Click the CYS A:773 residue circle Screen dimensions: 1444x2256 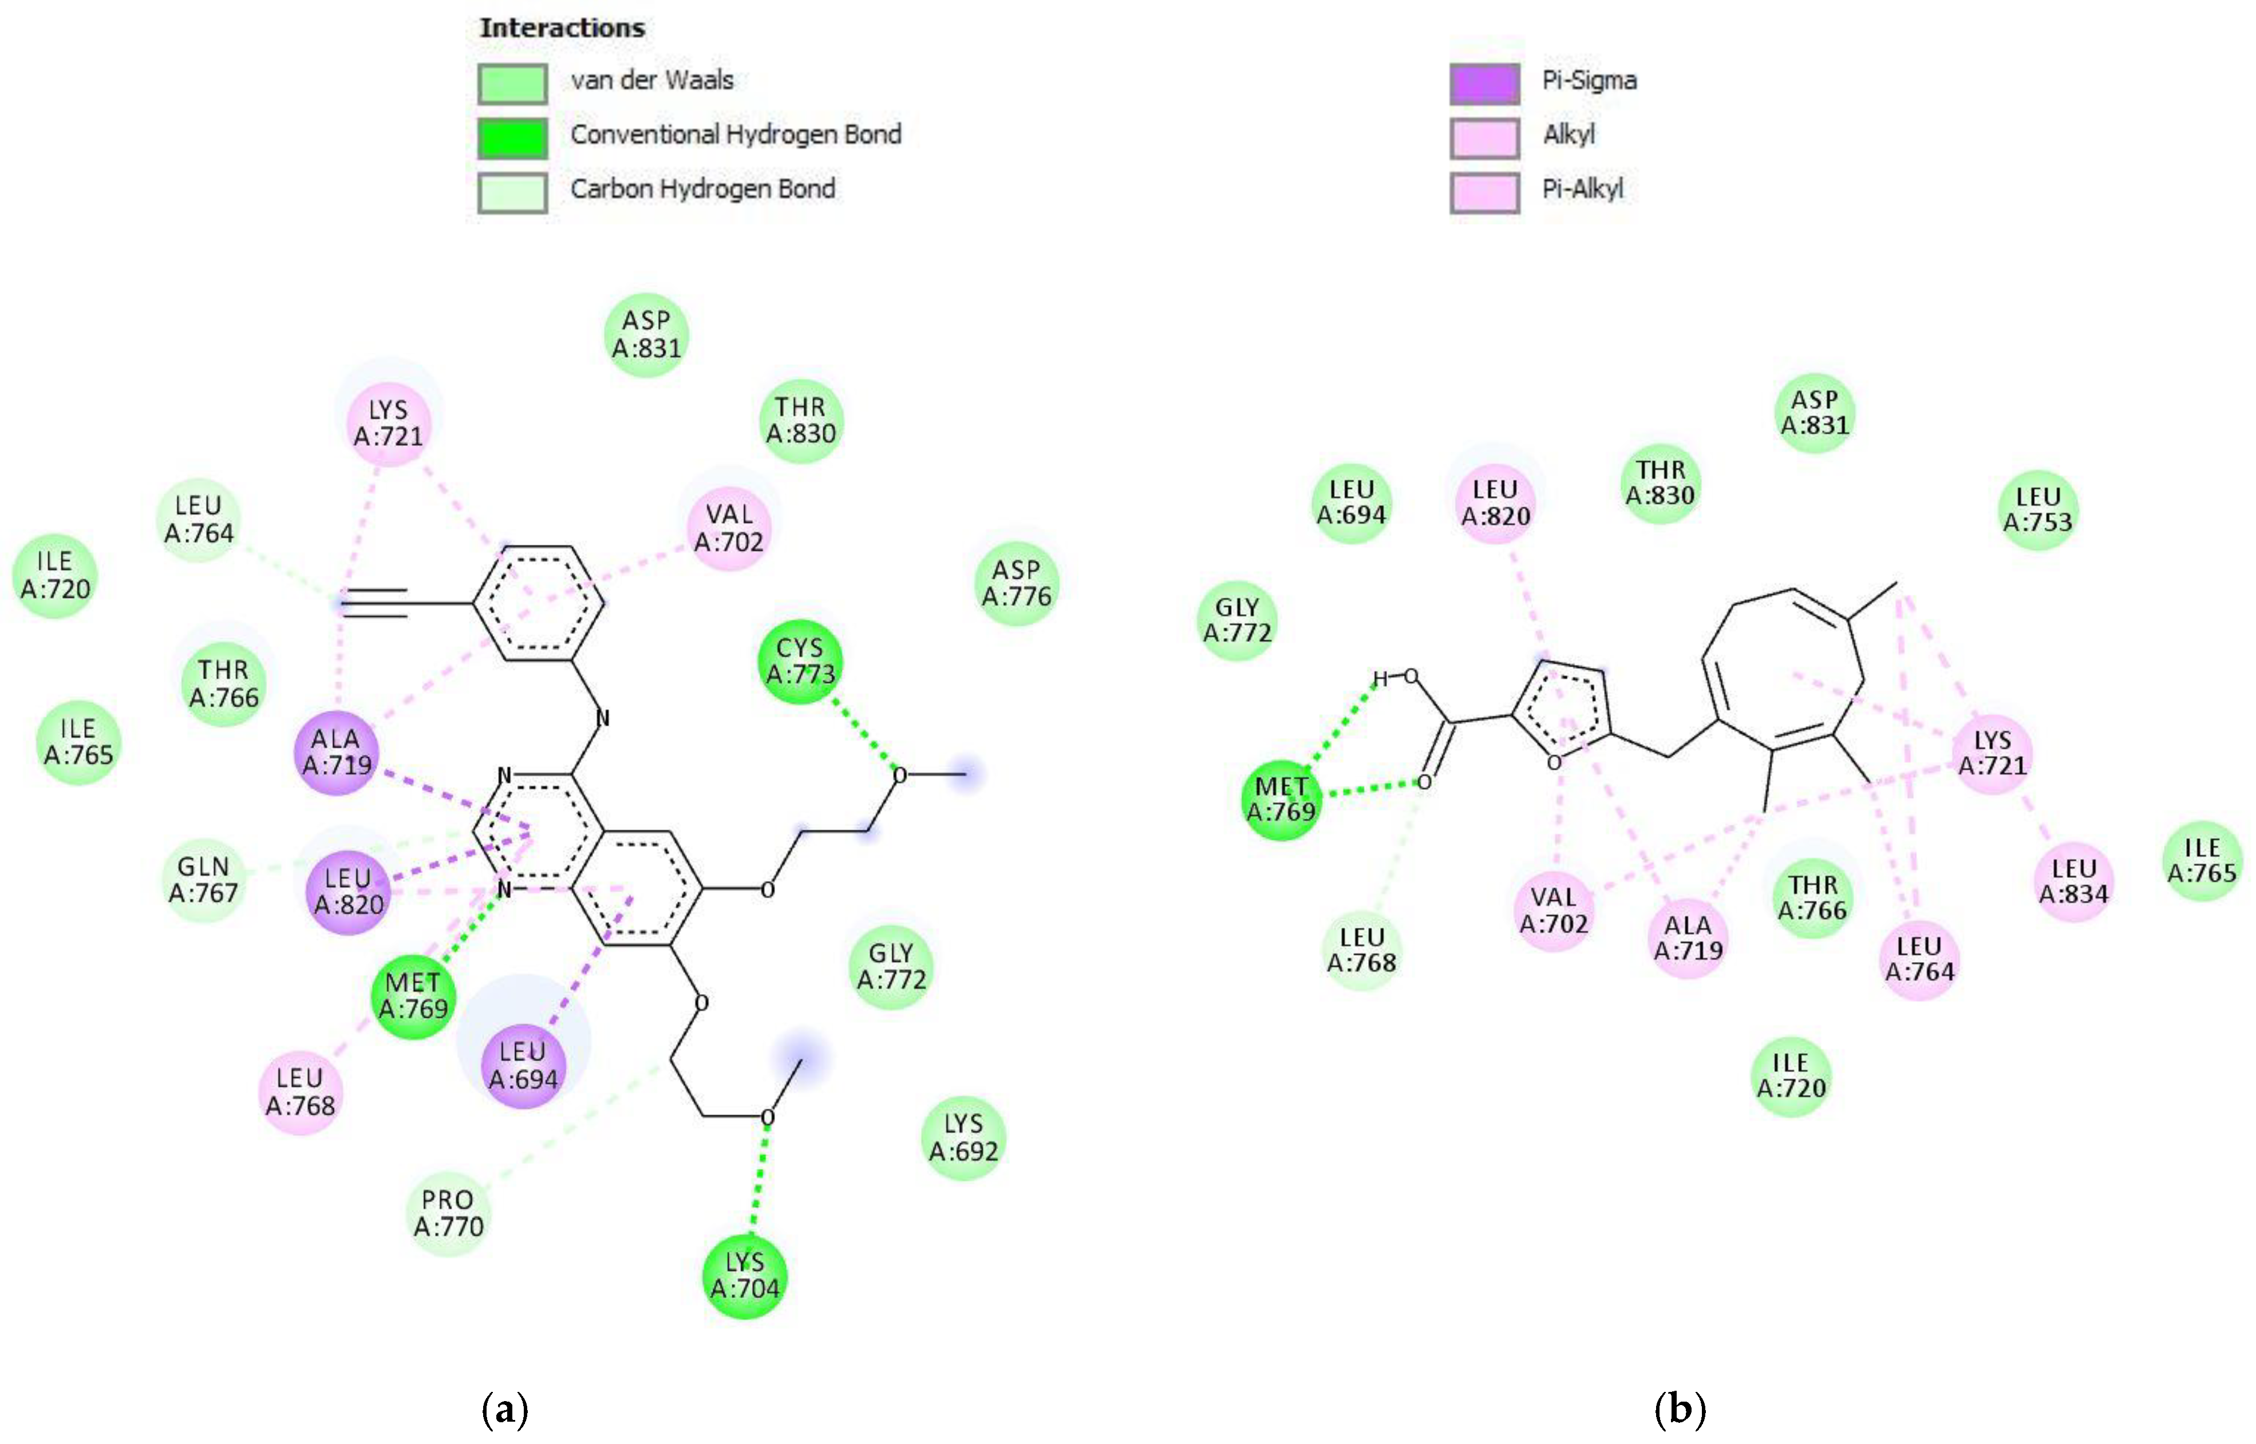click(800, 661)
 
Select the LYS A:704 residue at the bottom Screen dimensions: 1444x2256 click(745, 1275)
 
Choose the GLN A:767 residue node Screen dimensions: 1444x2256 click(203, 880)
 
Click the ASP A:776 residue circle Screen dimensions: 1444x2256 click(1017, 583)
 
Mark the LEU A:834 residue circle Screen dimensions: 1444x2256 click(2074, 881)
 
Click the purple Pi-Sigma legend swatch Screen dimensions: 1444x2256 click(1484, 84)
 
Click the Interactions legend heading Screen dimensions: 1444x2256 click(563, 28)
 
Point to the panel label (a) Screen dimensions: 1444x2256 click(504, 1409)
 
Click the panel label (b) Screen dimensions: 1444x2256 click(1680, 1409)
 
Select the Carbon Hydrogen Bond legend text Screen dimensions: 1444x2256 click(702, 189)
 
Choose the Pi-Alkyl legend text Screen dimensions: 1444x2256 click(1583, 189)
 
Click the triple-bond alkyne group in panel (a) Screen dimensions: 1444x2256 click(375, 603)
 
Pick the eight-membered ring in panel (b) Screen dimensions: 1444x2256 click(1781, 670)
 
